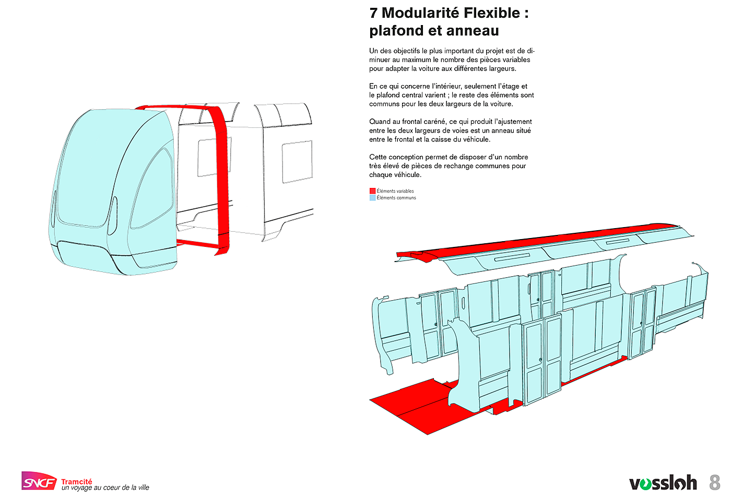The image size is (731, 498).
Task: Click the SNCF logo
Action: click(x=39, y=481)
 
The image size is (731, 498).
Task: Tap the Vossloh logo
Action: click(x=663, y=483)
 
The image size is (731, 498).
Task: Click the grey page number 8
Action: click(x=715, y=482)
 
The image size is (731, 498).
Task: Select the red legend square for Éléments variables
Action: click(x=372, y=191)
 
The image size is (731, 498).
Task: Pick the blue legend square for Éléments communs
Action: click(x=372, y=198)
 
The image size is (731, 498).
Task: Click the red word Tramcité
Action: click(x=77, y=481)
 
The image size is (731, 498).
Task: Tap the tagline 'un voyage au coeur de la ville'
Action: click(x=105, y=488)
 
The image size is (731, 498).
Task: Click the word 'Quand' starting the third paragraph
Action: click(x=379, y=122)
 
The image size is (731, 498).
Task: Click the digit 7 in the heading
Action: click(x=373, y=13)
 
